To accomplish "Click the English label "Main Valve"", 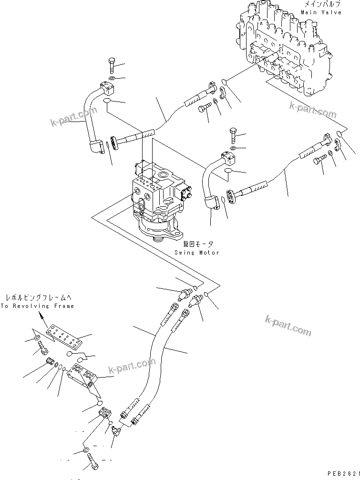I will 325,12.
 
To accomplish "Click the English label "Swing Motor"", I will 196,253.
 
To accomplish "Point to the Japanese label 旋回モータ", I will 196,244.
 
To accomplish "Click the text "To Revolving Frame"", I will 37,306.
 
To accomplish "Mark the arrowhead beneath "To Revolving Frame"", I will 42,317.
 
